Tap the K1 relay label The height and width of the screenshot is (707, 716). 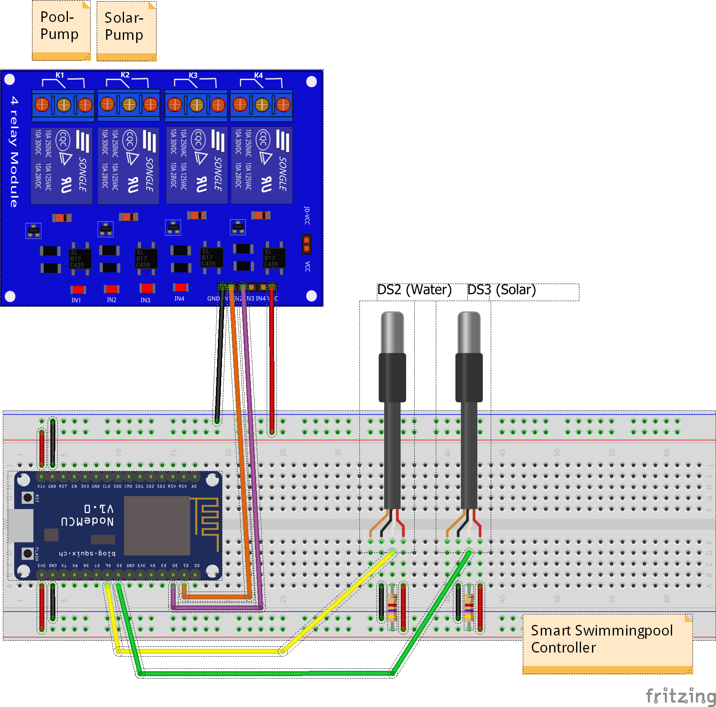tap(60, 75)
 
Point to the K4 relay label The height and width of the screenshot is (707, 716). tap(259, 76)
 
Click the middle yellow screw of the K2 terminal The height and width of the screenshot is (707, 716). tap(129, 104)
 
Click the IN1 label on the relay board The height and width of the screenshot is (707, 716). tap(76, 300)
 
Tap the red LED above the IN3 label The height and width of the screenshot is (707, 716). tap(147, 288)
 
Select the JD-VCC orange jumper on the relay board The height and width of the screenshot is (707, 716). tap(307, 244)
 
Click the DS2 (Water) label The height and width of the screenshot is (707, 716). tap(414, 290)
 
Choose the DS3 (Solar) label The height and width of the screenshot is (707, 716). tap(501, 290)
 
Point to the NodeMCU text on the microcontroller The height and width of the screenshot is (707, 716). tap(87, 521)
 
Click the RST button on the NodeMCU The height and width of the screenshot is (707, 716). tap(28, 497)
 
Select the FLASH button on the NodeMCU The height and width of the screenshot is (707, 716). tap(28, 553)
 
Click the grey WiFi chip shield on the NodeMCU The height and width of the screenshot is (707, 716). tap(157, 525)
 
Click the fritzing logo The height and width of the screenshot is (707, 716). tap(680, 696)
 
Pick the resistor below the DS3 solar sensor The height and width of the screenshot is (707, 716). tap(469, 607)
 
